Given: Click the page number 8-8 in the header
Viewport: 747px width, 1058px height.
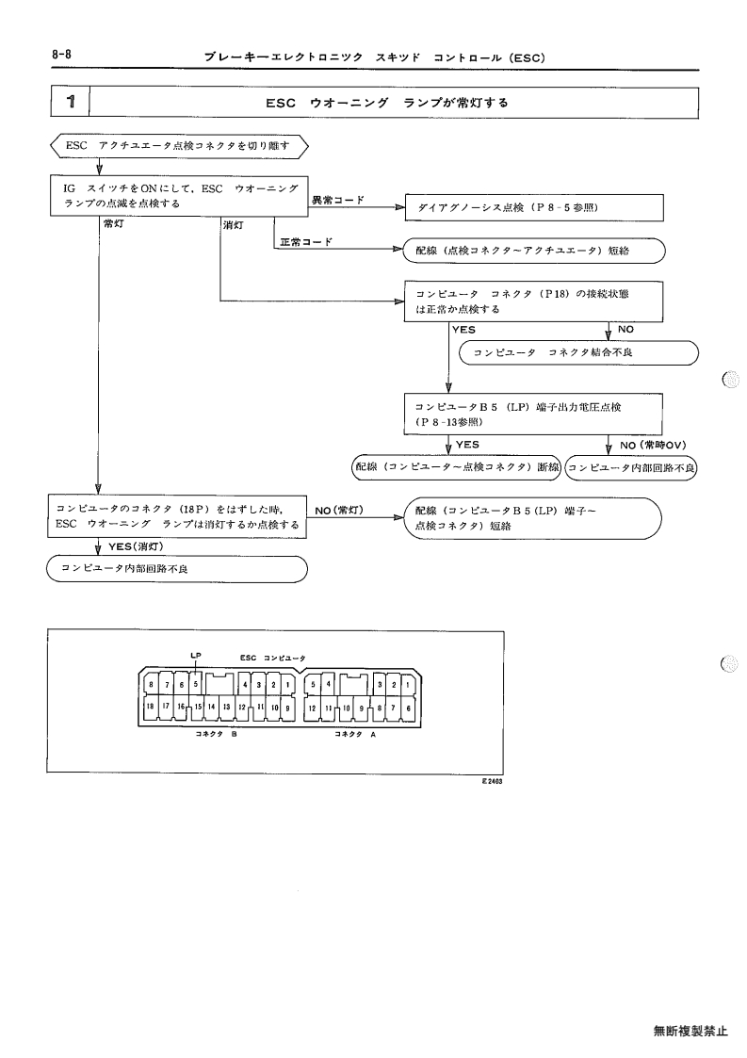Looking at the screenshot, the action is click(61, 55).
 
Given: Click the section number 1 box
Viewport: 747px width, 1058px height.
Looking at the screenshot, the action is click(71, 103).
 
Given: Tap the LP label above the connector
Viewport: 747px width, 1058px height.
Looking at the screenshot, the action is click(196, 655).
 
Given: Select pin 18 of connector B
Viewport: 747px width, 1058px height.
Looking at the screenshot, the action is click(151, 707).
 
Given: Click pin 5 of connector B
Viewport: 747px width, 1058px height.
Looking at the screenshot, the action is click(196, 684).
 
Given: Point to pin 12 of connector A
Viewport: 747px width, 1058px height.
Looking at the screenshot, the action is click(313, 708).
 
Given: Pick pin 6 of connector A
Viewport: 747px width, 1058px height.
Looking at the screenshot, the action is click(409, 708).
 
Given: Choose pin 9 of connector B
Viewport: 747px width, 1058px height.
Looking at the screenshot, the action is click(288, 708).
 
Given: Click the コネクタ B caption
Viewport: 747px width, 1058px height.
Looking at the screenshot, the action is click(216, 734).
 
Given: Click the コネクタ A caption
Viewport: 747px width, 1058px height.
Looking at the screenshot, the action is click(355, 734).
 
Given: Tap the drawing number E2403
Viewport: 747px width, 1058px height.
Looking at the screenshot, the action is click(493, 781).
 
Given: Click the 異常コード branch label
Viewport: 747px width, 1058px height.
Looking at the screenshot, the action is click(337, 200).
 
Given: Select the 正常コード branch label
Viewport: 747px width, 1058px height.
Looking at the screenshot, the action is click(306, 241).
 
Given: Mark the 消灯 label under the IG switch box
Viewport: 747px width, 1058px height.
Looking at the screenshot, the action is click(234, 224).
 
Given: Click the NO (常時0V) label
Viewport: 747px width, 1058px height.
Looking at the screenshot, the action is click(653, 445).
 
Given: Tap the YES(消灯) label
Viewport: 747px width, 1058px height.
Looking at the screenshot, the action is click(136, 545).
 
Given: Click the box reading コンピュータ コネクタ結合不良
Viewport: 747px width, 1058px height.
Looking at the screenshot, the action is click(578, 353).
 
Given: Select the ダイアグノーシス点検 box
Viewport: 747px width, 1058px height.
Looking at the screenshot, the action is click(534, 208).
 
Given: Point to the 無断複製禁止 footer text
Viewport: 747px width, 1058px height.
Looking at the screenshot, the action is click(690, 1031).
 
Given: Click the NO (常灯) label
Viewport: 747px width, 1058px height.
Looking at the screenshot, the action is click(339, 510).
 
